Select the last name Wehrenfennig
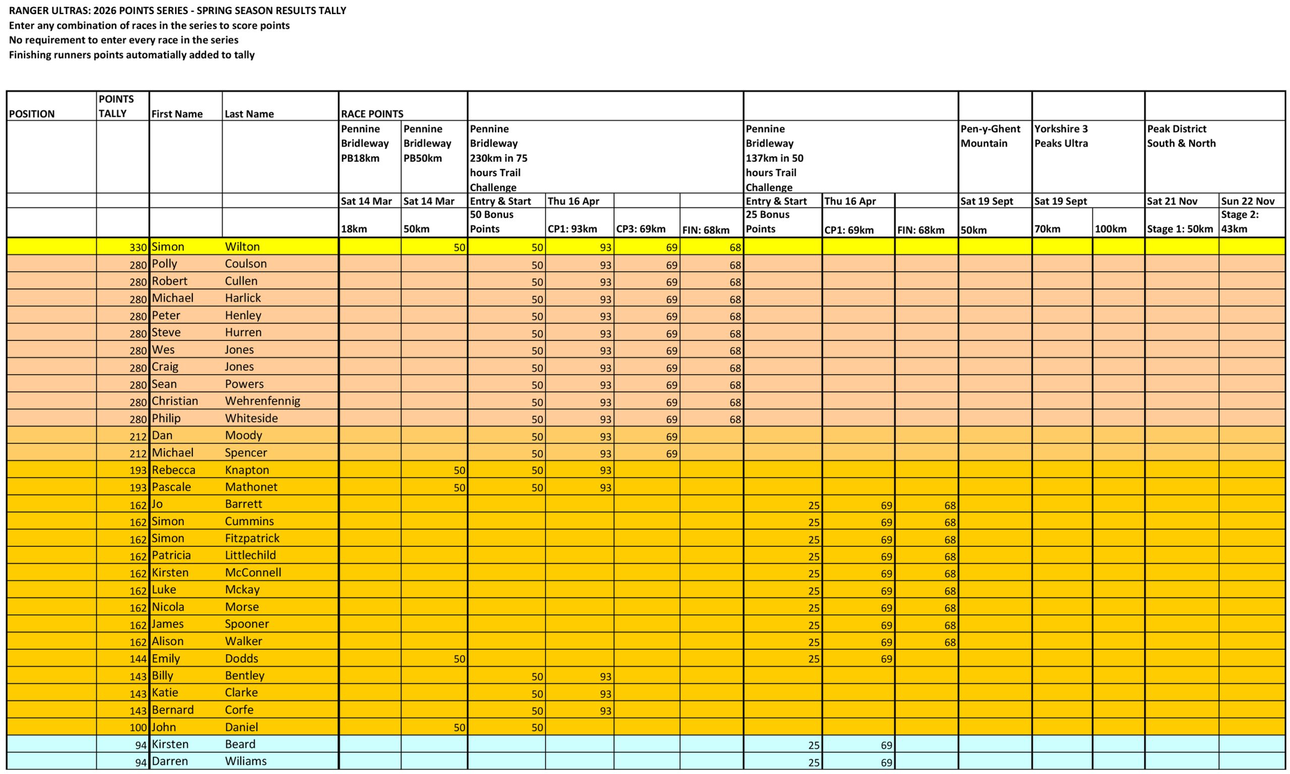tap(262, 401)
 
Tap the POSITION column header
tap(32, 114)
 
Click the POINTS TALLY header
tap(116, 106)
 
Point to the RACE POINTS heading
tap(371, 114)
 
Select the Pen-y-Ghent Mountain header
tap(990, 136)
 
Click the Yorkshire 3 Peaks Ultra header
tap(1061, 136)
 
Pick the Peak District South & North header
tap(1181, 136)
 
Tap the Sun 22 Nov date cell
tap(1248, 201)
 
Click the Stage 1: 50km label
tap(1180, 229)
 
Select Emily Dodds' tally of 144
tap(138, 659)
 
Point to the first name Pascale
tap(171, 486)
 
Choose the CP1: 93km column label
tap(572, 229)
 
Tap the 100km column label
tap(1111, 229)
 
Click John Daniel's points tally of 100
tap(138, 728)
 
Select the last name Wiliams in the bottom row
tap(245, 761)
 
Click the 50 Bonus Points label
tap(492, 222)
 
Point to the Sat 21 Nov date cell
tap(1172, 201)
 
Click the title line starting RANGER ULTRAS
tap(177, 11)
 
